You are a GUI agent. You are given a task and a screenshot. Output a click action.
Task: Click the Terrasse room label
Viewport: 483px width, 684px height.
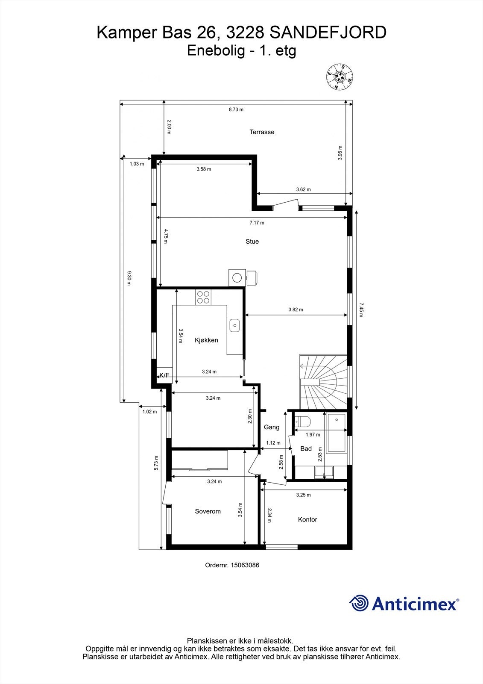click(x=262, y=132)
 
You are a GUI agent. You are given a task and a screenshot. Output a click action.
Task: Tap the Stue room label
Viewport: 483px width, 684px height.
click(x=252, y=242)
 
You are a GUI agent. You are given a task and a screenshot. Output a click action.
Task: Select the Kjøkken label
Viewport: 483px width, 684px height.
click(x=206, y=340)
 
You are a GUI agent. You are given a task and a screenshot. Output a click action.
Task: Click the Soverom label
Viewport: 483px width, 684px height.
click(x=208, y=511)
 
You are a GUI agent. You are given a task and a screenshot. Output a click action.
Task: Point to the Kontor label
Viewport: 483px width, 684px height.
click(x=307, y=519)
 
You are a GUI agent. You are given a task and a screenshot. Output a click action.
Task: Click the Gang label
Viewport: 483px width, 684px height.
click(x=272, y=427)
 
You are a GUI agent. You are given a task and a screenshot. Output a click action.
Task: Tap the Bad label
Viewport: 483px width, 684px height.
click(x=306, y=448)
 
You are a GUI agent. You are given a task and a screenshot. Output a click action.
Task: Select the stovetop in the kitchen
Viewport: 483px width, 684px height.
click(x=203, y=297)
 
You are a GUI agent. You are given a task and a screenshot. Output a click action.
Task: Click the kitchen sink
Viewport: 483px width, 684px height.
click(x=234, y=325)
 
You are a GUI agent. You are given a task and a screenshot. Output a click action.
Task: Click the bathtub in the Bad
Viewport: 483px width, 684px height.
click(x=337, y=433)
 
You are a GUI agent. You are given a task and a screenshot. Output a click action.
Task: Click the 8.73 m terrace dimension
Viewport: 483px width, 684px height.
click(x=236, y=109)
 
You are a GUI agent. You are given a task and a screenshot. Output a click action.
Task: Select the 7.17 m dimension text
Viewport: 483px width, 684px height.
click(x=257, y=223)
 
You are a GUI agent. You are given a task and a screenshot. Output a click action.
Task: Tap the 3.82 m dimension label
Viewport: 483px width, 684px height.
click(x=296, y=310)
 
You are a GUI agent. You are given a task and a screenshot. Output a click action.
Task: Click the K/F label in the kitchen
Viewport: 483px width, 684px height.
click(x=164, y=375)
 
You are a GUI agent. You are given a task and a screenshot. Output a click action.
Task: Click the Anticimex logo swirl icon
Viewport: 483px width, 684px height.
click(x=359, y=604)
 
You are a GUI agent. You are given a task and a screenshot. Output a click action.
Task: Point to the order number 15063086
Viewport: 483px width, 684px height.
click(x=245, y=565)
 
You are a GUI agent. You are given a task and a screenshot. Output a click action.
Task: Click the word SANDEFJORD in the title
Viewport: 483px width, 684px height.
click(x=329, y=32)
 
